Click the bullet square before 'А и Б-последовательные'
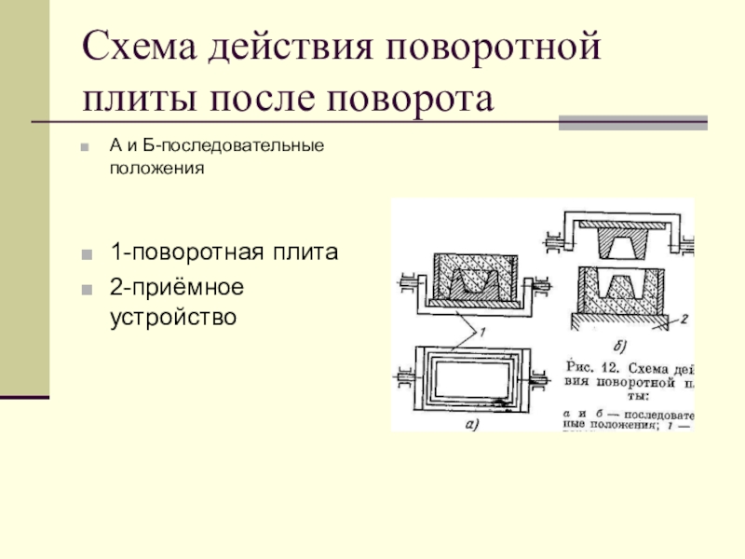[86, 147]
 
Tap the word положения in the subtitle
[156, 170]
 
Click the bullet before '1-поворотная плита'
[86, 253]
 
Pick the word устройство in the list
[173, 317]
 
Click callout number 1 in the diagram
[481, 332]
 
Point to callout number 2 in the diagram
[683, 320]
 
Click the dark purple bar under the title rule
[633, 122]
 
